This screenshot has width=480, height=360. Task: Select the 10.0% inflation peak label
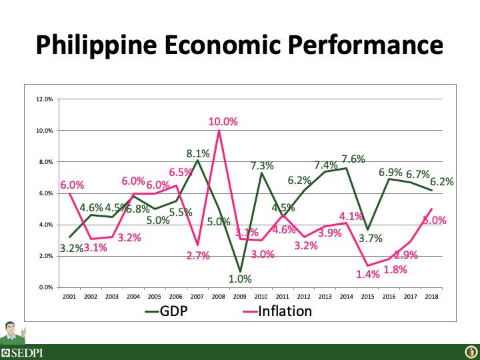[222, 122]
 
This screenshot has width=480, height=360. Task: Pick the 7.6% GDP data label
[353, 159]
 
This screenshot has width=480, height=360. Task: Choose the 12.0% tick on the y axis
[44, 99]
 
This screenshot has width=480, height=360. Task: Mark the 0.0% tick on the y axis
[45, 287]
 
